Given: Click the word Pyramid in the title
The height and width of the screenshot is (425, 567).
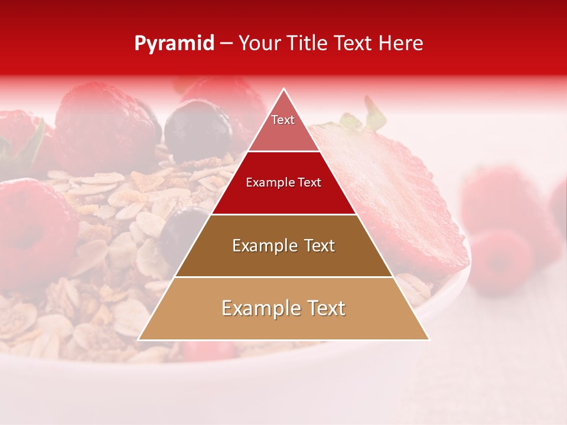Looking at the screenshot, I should pyautogui.click(x=174, y=44).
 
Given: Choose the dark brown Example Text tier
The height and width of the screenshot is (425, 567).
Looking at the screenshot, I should pyautogui.click(x=283, y=260).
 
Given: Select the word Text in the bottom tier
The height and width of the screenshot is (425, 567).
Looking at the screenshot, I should pyautogui.click(x=325, y=308).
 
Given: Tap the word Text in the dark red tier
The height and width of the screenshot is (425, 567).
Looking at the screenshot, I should pyautogui.click(x=308, y=182).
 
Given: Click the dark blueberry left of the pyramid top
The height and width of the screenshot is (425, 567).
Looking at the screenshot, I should pyautogui.click(x=198, y=127).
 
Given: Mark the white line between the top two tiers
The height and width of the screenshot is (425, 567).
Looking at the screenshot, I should pyautogui.click(x=283, y=152).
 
